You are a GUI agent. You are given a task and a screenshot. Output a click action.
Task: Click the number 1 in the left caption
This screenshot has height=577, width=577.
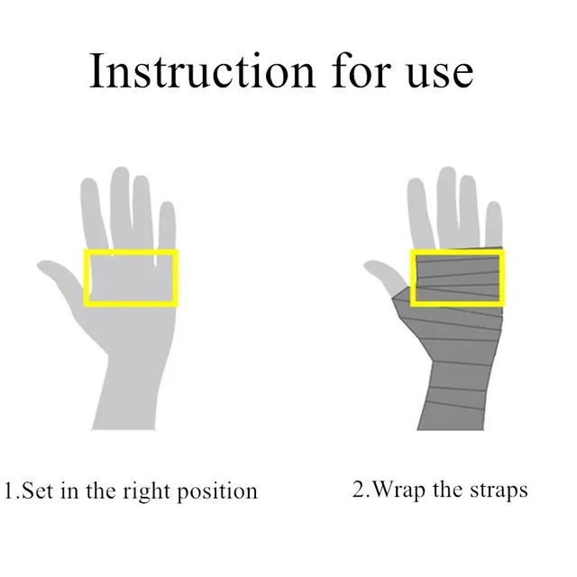(10, 492)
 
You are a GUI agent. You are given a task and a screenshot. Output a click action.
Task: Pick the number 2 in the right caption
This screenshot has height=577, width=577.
(359, 490)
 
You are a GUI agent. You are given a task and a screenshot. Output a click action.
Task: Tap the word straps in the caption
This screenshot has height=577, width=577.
(499, 490)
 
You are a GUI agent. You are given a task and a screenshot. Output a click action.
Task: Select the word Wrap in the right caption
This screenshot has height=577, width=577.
(399, 490)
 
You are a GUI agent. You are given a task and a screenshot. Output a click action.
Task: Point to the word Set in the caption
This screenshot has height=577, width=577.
(38, 492)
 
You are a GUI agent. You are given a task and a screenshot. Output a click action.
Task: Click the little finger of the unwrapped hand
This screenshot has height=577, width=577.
(167, 225)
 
